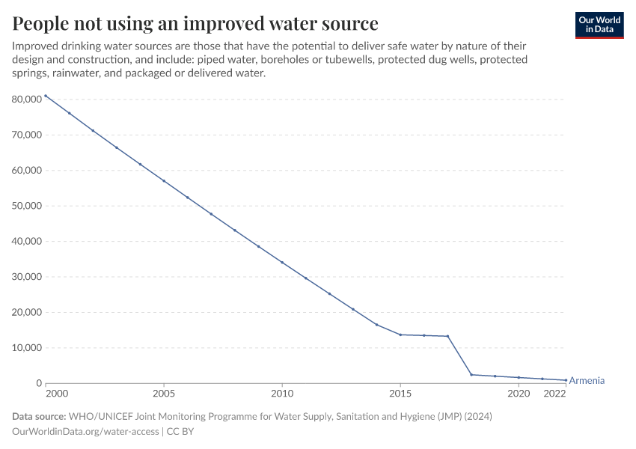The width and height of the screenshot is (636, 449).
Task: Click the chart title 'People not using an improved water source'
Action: tap(195, 23)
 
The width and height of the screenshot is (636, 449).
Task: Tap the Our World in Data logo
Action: tap(599, 25)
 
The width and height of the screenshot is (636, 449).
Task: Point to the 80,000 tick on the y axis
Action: tap(26, 100)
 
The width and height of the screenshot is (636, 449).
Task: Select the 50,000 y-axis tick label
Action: tap(26, 206)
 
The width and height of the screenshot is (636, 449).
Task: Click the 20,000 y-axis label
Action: tap(26, 313)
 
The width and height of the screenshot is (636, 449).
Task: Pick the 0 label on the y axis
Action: tap(39, 384)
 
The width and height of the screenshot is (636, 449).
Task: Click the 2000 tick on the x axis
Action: tap(56, 394)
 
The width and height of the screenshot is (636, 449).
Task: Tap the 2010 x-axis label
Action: tap(282, 394)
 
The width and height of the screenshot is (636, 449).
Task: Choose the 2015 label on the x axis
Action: tap(400, 394)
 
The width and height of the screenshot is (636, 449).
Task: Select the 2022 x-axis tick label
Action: tap(554, 394)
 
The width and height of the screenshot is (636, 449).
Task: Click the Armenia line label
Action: tap(587, 381)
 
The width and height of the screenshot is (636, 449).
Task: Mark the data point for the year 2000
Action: tap(46, 96)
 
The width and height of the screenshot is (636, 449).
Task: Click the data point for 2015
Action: tap(400, 335)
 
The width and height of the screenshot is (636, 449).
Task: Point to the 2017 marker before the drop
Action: tap(447, 336)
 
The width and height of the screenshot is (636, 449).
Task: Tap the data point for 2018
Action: tap(471, 374)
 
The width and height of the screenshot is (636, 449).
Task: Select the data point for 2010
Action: tap(282, 263)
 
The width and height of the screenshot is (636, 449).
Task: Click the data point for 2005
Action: tap(164, 181)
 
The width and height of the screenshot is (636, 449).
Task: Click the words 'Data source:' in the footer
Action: tap(38, 416)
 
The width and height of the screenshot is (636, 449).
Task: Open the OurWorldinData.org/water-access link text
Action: tap(86, 431)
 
